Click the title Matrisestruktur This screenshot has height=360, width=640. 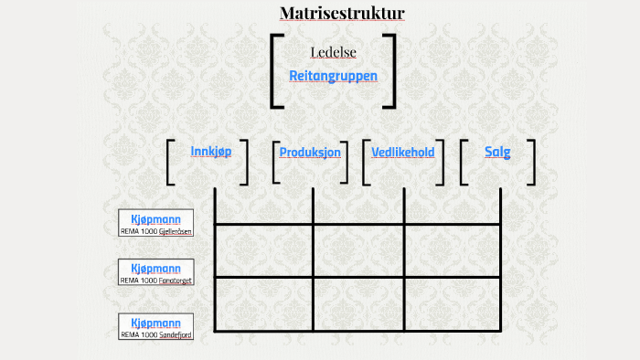point(342,13)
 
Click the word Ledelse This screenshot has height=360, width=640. point(333,51)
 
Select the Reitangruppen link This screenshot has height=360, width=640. point(333,76)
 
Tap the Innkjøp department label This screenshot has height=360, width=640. point(210,151)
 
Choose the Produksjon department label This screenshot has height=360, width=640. point(310,152)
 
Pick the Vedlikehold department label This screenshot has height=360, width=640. point(402,152)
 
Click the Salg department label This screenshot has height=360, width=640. point(497,152)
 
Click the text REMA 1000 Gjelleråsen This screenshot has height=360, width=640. point(156,231)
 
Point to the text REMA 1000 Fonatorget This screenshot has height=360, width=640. point(156,281)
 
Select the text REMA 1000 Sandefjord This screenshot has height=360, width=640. point(156,334)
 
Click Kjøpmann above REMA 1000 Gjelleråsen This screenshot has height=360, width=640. point(156,219)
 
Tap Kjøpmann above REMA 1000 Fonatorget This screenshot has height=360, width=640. point(156,269)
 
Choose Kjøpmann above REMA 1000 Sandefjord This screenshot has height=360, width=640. point(156,323)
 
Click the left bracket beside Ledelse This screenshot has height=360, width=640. point(273,71)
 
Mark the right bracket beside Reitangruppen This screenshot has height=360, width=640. point(392,71)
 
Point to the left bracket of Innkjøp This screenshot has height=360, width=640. point(170,162)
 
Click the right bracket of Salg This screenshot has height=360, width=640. point(531,162)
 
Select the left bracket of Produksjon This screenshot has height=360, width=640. point(275,162)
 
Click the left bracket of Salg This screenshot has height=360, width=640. point(464,162)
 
